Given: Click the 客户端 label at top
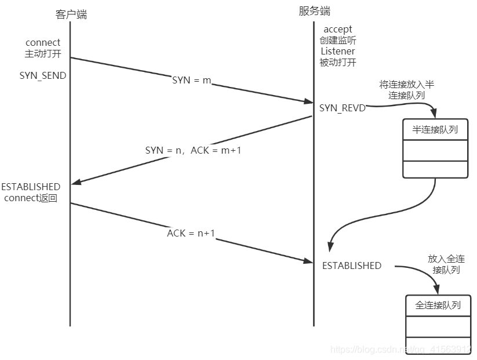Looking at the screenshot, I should (71, 14).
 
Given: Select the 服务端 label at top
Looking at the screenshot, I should (315, 11).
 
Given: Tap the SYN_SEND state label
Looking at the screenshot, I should (42, 76).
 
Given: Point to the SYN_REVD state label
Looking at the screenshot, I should (342, 108).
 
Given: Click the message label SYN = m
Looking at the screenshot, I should (192, 80).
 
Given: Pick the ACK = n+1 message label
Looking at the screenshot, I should (191, 233).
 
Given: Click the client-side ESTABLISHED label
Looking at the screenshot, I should (31, 187).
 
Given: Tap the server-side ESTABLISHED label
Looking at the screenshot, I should (352, 266).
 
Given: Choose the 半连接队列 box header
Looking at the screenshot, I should (435, 130).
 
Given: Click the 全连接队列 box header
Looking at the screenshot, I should (438, 305).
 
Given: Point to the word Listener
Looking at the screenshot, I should (337, 51).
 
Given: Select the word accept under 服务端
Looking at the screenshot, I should (337, 29).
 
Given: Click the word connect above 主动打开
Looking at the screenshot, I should (43, 43).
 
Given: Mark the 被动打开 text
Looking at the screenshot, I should (337, 62).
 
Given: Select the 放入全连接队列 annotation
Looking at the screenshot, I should (446, 264).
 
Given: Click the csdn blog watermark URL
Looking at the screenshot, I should (400, 350).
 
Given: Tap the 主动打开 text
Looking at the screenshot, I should (43, 54).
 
